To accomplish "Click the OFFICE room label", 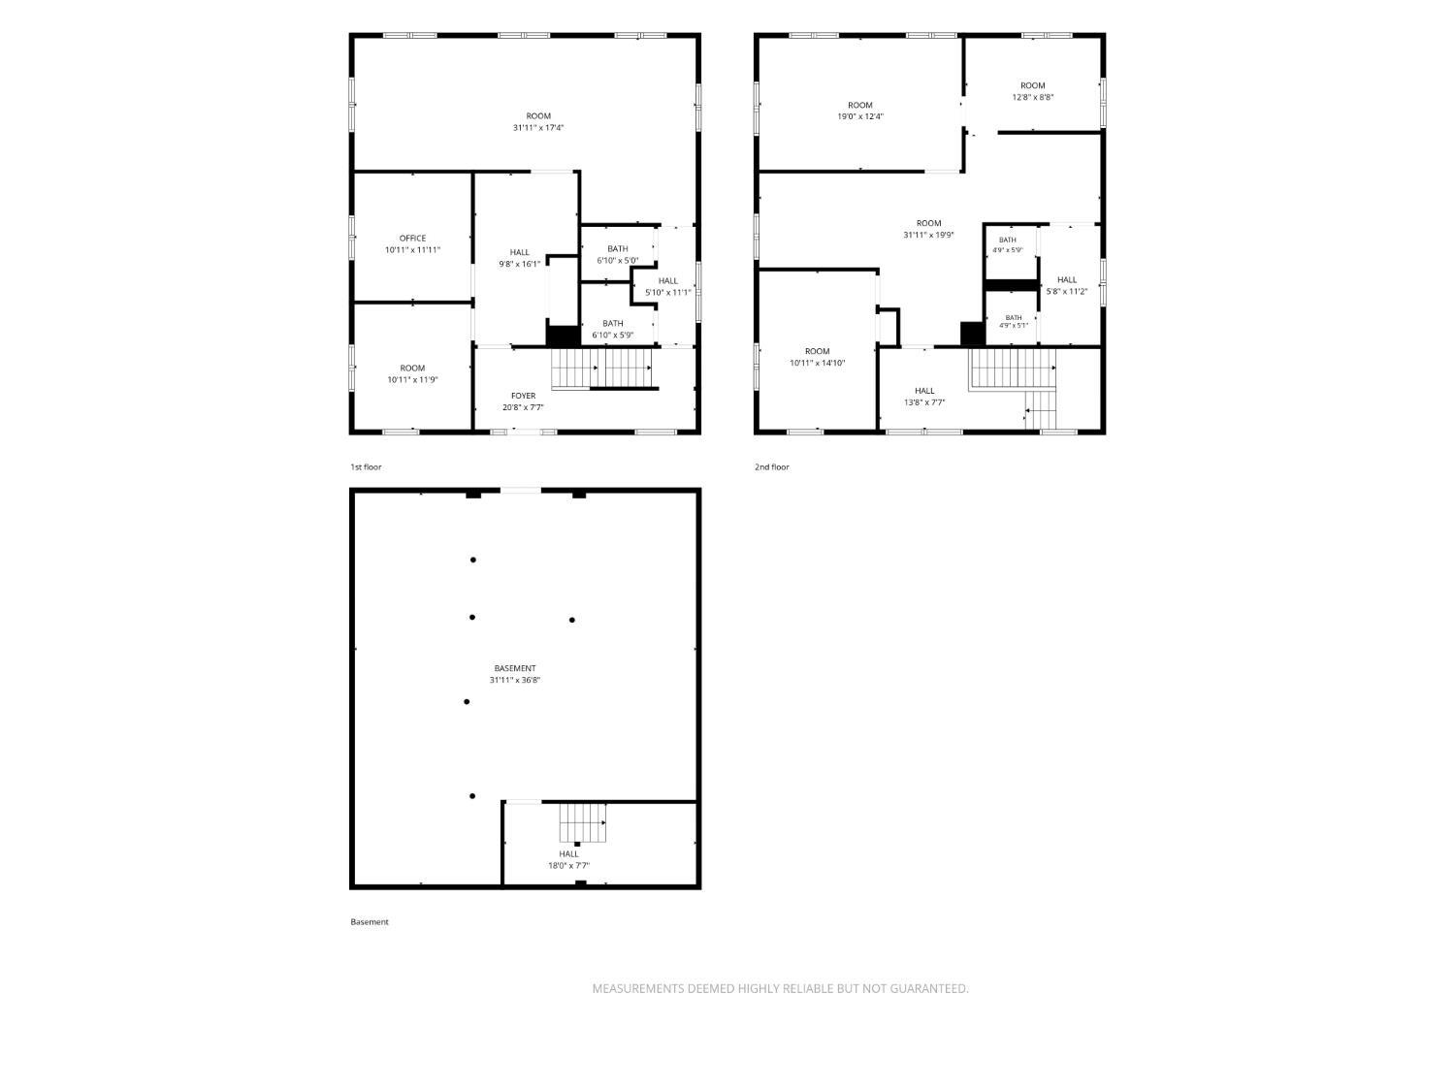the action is (412, 238).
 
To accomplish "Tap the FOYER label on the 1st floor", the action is (523, 396).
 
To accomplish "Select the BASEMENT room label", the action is (515, 668).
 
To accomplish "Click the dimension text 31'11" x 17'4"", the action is (538, 128).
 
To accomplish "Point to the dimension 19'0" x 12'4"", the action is (860, 116).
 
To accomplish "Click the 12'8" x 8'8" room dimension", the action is (1033, 97).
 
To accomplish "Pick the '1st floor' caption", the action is (366, 467).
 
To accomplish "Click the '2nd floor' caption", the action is (771, 467).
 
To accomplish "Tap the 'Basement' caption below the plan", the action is (370, 921).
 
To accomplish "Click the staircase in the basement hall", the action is (583, 822).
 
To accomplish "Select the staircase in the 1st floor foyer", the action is (602, 369).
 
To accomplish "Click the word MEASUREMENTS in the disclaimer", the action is (637, 988).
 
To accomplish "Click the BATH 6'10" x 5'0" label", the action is (618, 254).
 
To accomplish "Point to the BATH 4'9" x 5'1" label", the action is (1014, 321).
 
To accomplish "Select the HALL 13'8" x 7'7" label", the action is (924, 396).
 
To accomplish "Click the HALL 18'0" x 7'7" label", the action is (568, 859).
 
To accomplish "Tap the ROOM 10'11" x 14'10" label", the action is (818, 357).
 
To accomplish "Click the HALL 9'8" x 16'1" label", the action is (520, 258).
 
